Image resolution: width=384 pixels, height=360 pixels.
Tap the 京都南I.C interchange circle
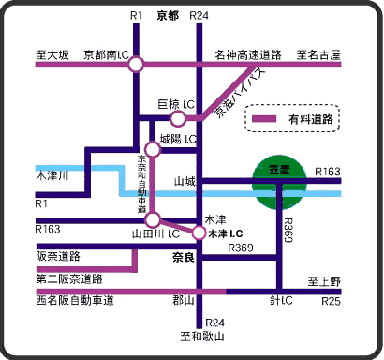137,65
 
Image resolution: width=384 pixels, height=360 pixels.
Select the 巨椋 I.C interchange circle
178,119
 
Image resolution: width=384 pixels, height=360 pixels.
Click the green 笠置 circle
279,183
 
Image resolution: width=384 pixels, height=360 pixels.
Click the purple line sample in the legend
266,120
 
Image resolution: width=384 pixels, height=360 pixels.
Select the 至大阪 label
52,54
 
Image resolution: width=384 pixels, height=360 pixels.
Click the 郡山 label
183,301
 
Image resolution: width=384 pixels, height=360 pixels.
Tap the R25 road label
330,302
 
